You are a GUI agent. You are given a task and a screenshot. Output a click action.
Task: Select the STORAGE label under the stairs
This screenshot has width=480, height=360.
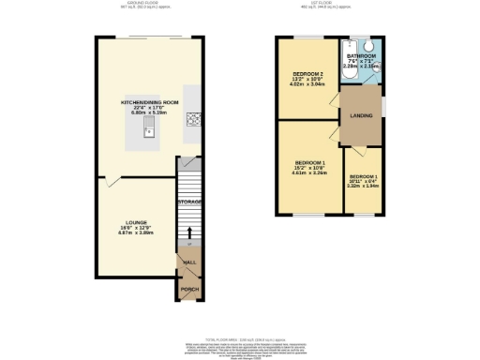click(x=190, y=202)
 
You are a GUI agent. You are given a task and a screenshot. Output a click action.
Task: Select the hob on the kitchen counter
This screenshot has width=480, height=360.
click(x=193, y=119)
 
